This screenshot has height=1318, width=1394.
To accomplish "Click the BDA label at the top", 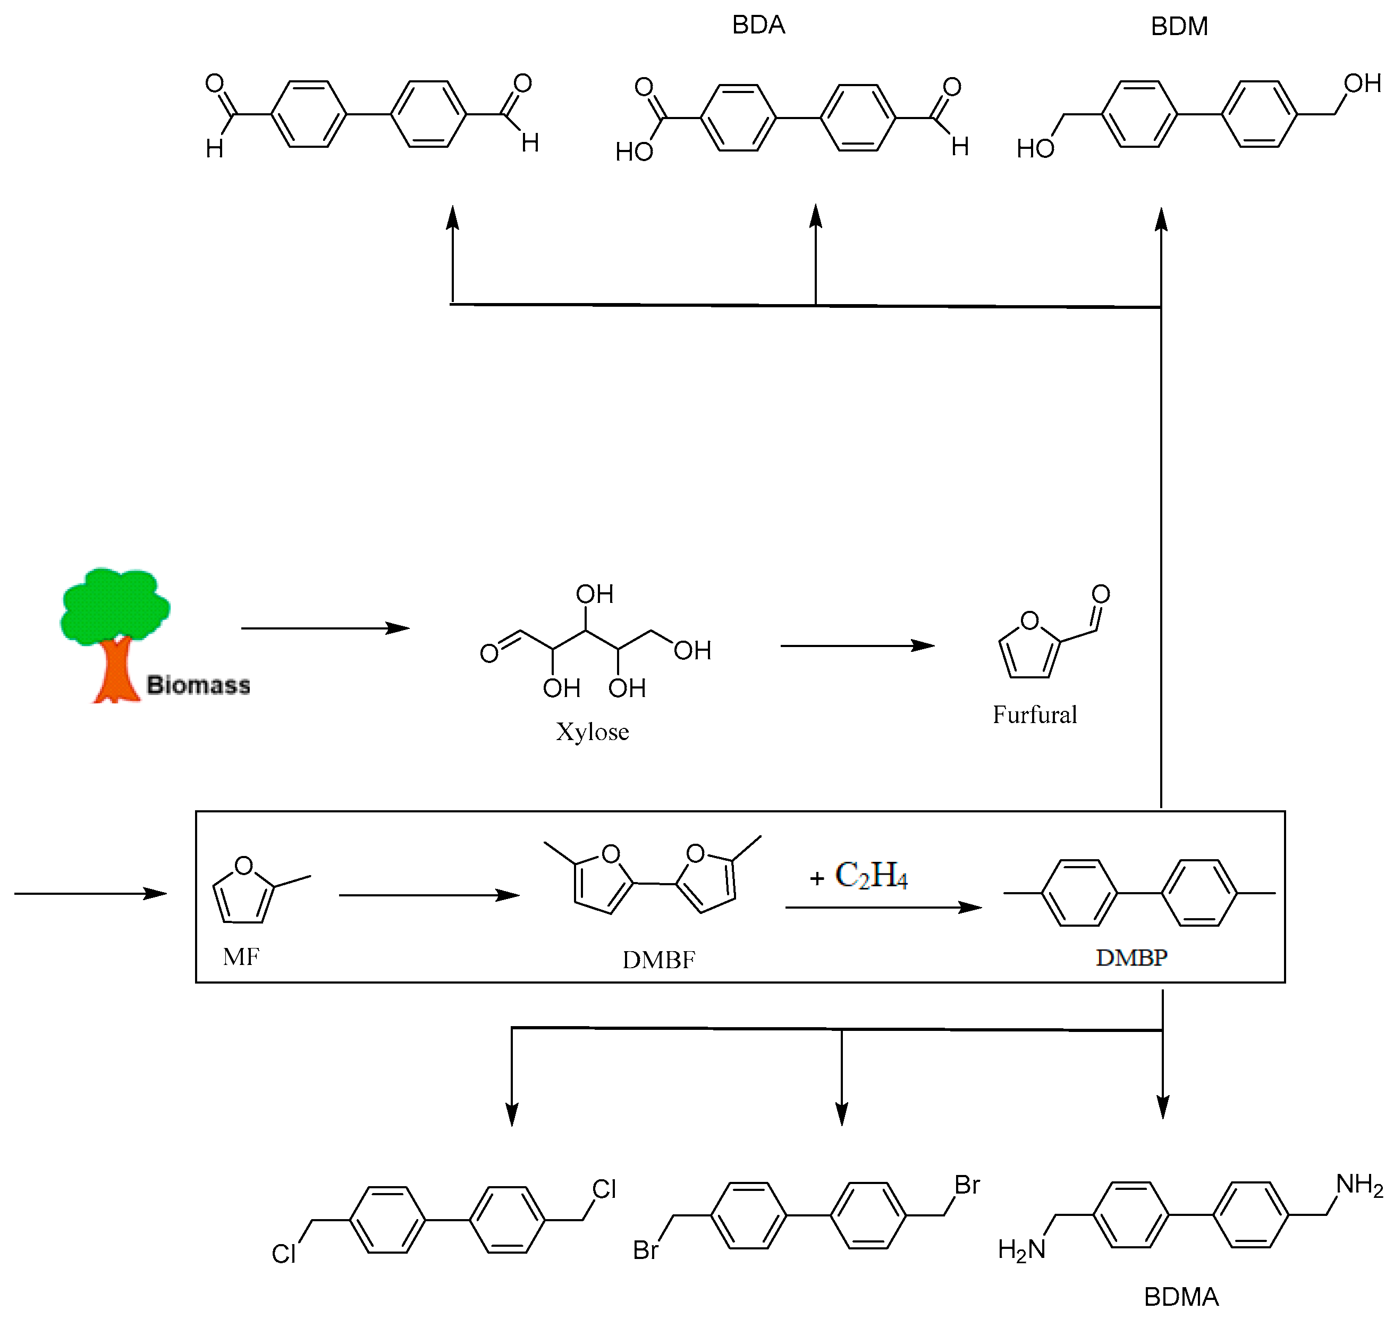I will click(758, 26).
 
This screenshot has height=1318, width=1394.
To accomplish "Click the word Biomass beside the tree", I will click(198, 685).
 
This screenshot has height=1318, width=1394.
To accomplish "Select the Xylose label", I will click(592, 732).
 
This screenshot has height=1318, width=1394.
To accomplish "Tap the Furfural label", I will click(1034, 715).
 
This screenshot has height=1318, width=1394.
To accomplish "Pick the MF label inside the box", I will click(241, 957).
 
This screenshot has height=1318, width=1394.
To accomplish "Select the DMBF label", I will click(658, 960).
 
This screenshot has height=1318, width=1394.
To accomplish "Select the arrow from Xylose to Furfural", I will click(857, 645).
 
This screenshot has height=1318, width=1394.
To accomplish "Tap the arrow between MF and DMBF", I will click(428, 895).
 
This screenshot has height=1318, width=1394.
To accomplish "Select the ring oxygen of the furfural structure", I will click(1029, 620).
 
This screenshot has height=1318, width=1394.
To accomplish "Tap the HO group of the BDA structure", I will click(633, 152).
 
